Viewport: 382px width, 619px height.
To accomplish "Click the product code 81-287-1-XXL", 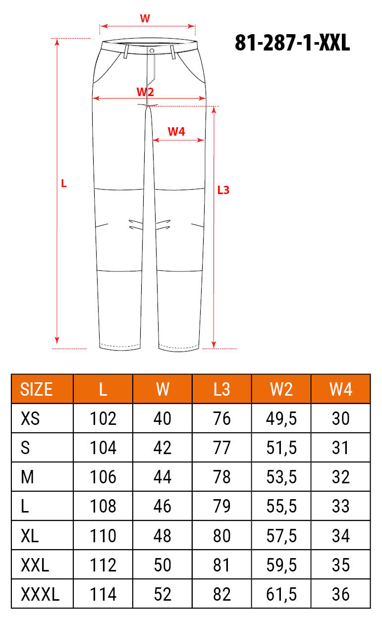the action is pos(292,43).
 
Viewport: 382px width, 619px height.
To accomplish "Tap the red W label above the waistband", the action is pos(145,18).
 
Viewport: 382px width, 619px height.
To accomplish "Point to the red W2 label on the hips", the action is pos(145,92).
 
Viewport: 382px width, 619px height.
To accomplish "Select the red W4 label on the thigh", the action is pos(176,132).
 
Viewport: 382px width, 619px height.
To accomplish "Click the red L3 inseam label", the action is pos(223,190).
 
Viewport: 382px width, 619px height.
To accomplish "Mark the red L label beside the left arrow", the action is pos(63,184).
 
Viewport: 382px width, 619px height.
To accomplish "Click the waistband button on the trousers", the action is pos(152,51).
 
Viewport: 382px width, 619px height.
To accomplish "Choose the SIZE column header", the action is pos(36,389).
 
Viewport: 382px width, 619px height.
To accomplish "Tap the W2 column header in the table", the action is pos(281,389).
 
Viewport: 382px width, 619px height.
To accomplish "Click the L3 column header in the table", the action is pos(221,389).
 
